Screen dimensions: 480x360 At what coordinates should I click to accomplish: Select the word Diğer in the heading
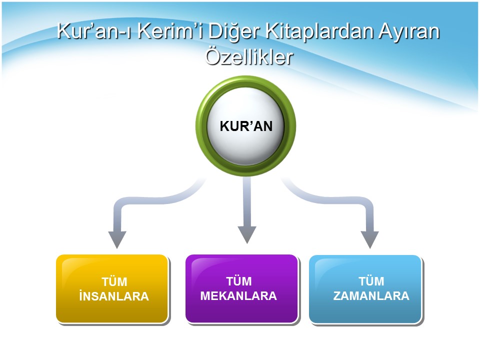234,32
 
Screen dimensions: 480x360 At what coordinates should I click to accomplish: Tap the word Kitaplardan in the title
319,31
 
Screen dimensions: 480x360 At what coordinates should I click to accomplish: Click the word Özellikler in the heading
249,56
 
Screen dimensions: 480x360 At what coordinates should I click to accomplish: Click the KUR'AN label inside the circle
246,126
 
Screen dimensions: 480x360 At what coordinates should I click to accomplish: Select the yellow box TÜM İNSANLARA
112,288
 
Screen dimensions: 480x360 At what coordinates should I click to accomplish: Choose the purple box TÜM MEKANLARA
242,288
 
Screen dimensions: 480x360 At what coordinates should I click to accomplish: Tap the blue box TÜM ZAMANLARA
365,289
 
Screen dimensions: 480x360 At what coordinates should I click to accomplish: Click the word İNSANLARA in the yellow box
114,296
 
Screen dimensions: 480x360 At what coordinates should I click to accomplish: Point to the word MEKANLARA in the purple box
238,296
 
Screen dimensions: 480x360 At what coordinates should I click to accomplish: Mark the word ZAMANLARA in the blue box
371,296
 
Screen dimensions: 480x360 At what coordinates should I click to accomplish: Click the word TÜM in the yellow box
114,281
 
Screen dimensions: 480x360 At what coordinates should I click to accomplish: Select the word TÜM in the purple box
239,281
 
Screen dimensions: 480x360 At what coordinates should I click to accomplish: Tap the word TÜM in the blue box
371,281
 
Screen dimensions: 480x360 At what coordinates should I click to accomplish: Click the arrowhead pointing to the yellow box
117,239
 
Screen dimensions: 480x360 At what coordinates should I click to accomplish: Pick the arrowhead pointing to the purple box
247,234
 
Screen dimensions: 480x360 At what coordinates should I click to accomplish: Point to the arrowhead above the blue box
370,239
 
